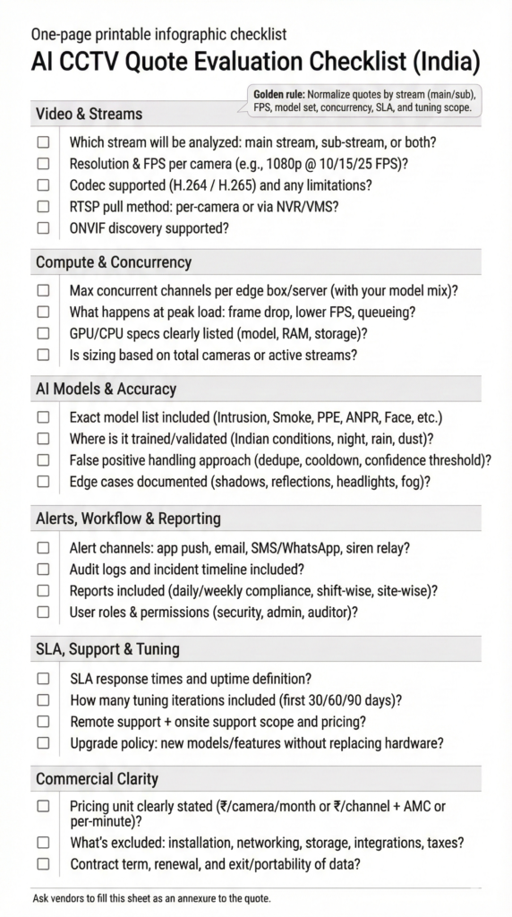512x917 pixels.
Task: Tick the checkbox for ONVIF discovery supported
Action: [43, 227]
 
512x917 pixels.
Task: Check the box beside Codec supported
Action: [43, 184]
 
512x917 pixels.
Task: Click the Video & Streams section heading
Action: [89, 114]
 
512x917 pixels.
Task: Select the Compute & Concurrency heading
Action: [113, 262]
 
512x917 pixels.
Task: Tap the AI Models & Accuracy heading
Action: [106, 389]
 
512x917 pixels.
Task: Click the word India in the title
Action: [442, 64]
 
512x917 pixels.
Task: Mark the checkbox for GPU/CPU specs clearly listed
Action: [43, 334]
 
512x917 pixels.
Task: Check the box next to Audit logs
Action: [43, 570]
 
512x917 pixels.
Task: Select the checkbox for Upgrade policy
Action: [43, 742]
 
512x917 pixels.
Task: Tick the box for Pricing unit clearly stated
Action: [43, 806]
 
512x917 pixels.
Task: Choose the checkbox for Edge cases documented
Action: [43, 481]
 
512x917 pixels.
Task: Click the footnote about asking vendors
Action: [151, 897]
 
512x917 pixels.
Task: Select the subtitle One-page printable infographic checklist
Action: [158, 35]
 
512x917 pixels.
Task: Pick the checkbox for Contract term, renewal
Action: [43, 863]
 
